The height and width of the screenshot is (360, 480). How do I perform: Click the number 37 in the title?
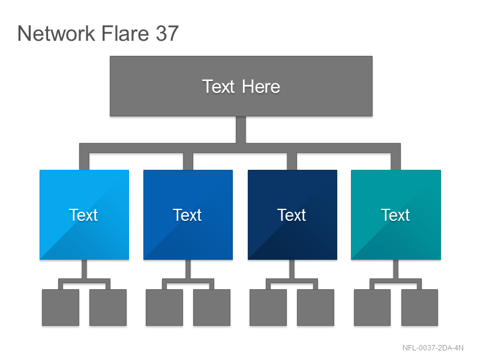point(167,33)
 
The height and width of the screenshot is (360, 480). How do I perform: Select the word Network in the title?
point(56,33)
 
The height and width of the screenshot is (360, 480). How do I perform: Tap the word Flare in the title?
point(125,33)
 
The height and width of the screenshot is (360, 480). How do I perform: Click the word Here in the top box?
point(261,86)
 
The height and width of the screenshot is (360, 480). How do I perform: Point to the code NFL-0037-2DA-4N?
point(433,348)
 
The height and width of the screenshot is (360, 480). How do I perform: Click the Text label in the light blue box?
point(83,215)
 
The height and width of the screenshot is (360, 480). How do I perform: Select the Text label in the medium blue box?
point(187,215)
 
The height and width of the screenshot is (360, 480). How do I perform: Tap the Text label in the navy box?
point(292,215)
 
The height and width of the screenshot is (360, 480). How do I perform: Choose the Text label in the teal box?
point(395,215)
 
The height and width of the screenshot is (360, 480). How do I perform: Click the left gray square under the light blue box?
point(61,307)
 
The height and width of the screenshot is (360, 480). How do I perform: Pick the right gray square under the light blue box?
point(108,307)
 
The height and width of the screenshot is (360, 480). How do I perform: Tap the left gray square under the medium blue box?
point(164,307)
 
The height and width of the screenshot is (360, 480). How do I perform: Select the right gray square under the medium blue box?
point(212,307)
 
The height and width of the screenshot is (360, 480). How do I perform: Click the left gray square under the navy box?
point(268,307)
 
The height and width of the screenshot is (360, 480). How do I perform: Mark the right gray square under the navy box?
point(316,307)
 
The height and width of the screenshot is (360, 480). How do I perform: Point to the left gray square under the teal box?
point(372,307)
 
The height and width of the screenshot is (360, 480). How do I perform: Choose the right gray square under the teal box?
point(419,307)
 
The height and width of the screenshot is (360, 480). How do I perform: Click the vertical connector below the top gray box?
point(241,130)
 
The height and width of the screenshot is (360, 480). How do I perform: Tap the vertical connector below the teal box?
point(396,269)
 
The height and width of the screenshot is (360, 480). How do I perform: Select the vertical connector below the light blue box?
point(84,269)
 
